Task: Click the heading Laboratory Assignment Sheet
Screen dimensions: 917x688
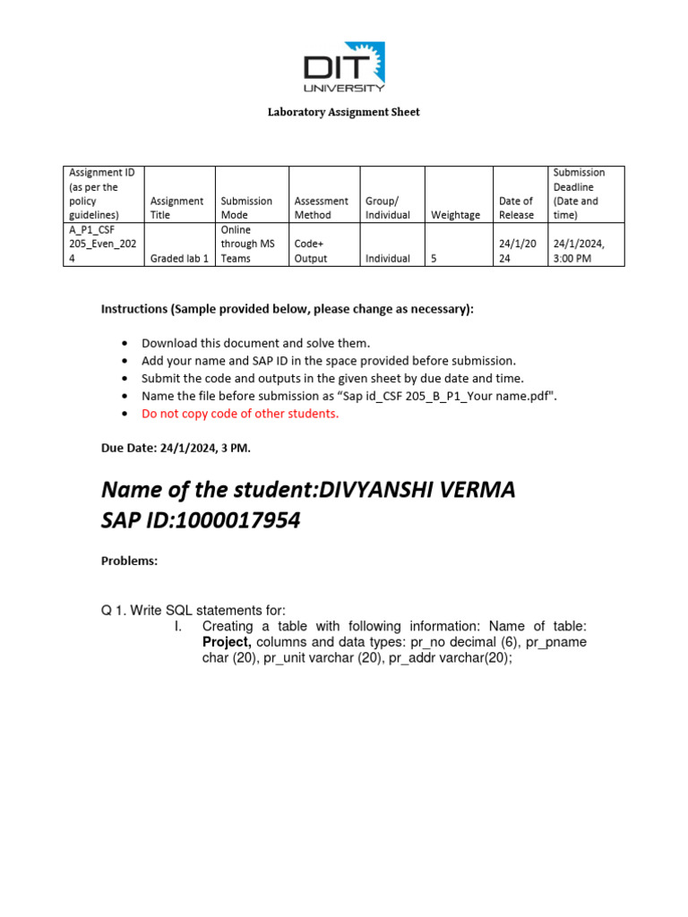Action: tap(344, 112)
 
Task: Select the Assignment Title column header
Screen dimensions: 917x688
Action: tap(176, 208)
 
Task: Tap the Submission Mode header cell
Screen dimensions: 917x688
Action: tap(246, 208)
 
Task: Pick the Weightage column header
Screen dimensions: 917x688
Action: tap(455, 215)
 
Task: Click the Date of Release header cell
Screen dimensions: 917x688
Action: tap(515, 208)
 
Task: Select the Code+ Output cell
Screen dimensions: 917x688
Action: tap(311, 251)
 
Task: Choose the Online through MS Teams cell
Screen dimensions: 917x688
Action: tap(248, 244)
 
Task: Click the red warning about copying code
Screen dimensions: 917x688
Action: tap(240, 413)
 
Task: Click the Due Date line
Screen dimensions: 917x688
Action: tap(169, 447)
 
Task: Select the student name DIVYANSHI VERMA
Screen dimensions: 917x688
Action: tap(417, 491)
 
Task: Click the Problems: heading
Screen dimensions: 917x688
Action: tap(129, 561)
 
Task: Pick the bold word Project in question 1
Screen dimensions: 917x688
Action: tap(227, 643)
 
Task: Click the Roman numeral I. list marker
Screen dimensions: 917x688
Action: tap(178, 626)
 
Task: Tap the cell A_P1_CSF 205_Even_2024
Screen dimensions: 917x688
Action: tap(99, 244)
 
